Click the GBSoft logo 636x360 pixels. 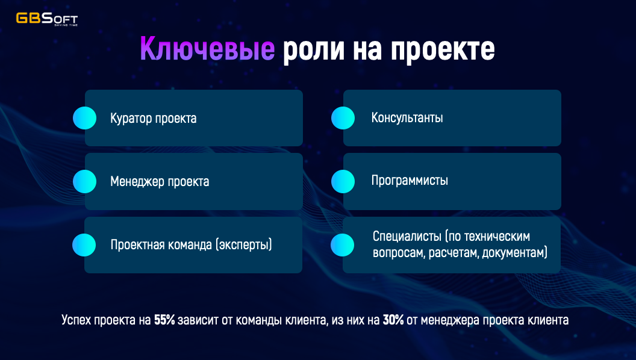click(x=46, y=19)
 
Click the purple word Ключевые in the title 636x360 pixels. click(x=207, y=49)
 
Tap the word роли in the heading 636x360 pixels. click(x=314, y=49)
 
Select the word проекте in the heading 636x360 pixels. click(x=443, y=49)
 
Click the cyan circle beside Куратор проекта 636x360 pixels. click(x=85, y=118)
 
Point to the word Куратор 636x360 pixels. click(x=131, y=119)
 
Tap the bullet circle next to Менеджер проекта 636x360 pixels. click(x=85, y=181)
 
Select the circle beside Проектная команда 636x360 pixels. click(x=84, y=245)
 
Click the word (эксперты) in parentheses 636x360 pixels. click(x=243, y=245)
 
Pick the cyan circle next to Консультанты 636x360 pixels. click(x=343, y=118)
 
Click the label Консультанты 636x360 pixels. click(x=407, y=117)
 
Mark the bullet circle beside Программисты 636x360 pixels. click(x=343, y=181)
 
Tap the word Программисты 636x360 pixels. click(x=410, y=181)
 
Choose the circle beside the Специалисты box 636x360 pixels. click(x=342, y=245)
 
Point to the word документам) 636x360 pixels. click(x=515, y=253)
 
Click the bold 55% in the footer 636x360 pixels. click(x=164, y=320)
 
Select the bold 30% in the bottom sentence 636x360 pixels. click(x=393, y=320)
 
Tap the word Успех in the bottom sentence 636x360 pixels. click(x=76, y=320)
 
